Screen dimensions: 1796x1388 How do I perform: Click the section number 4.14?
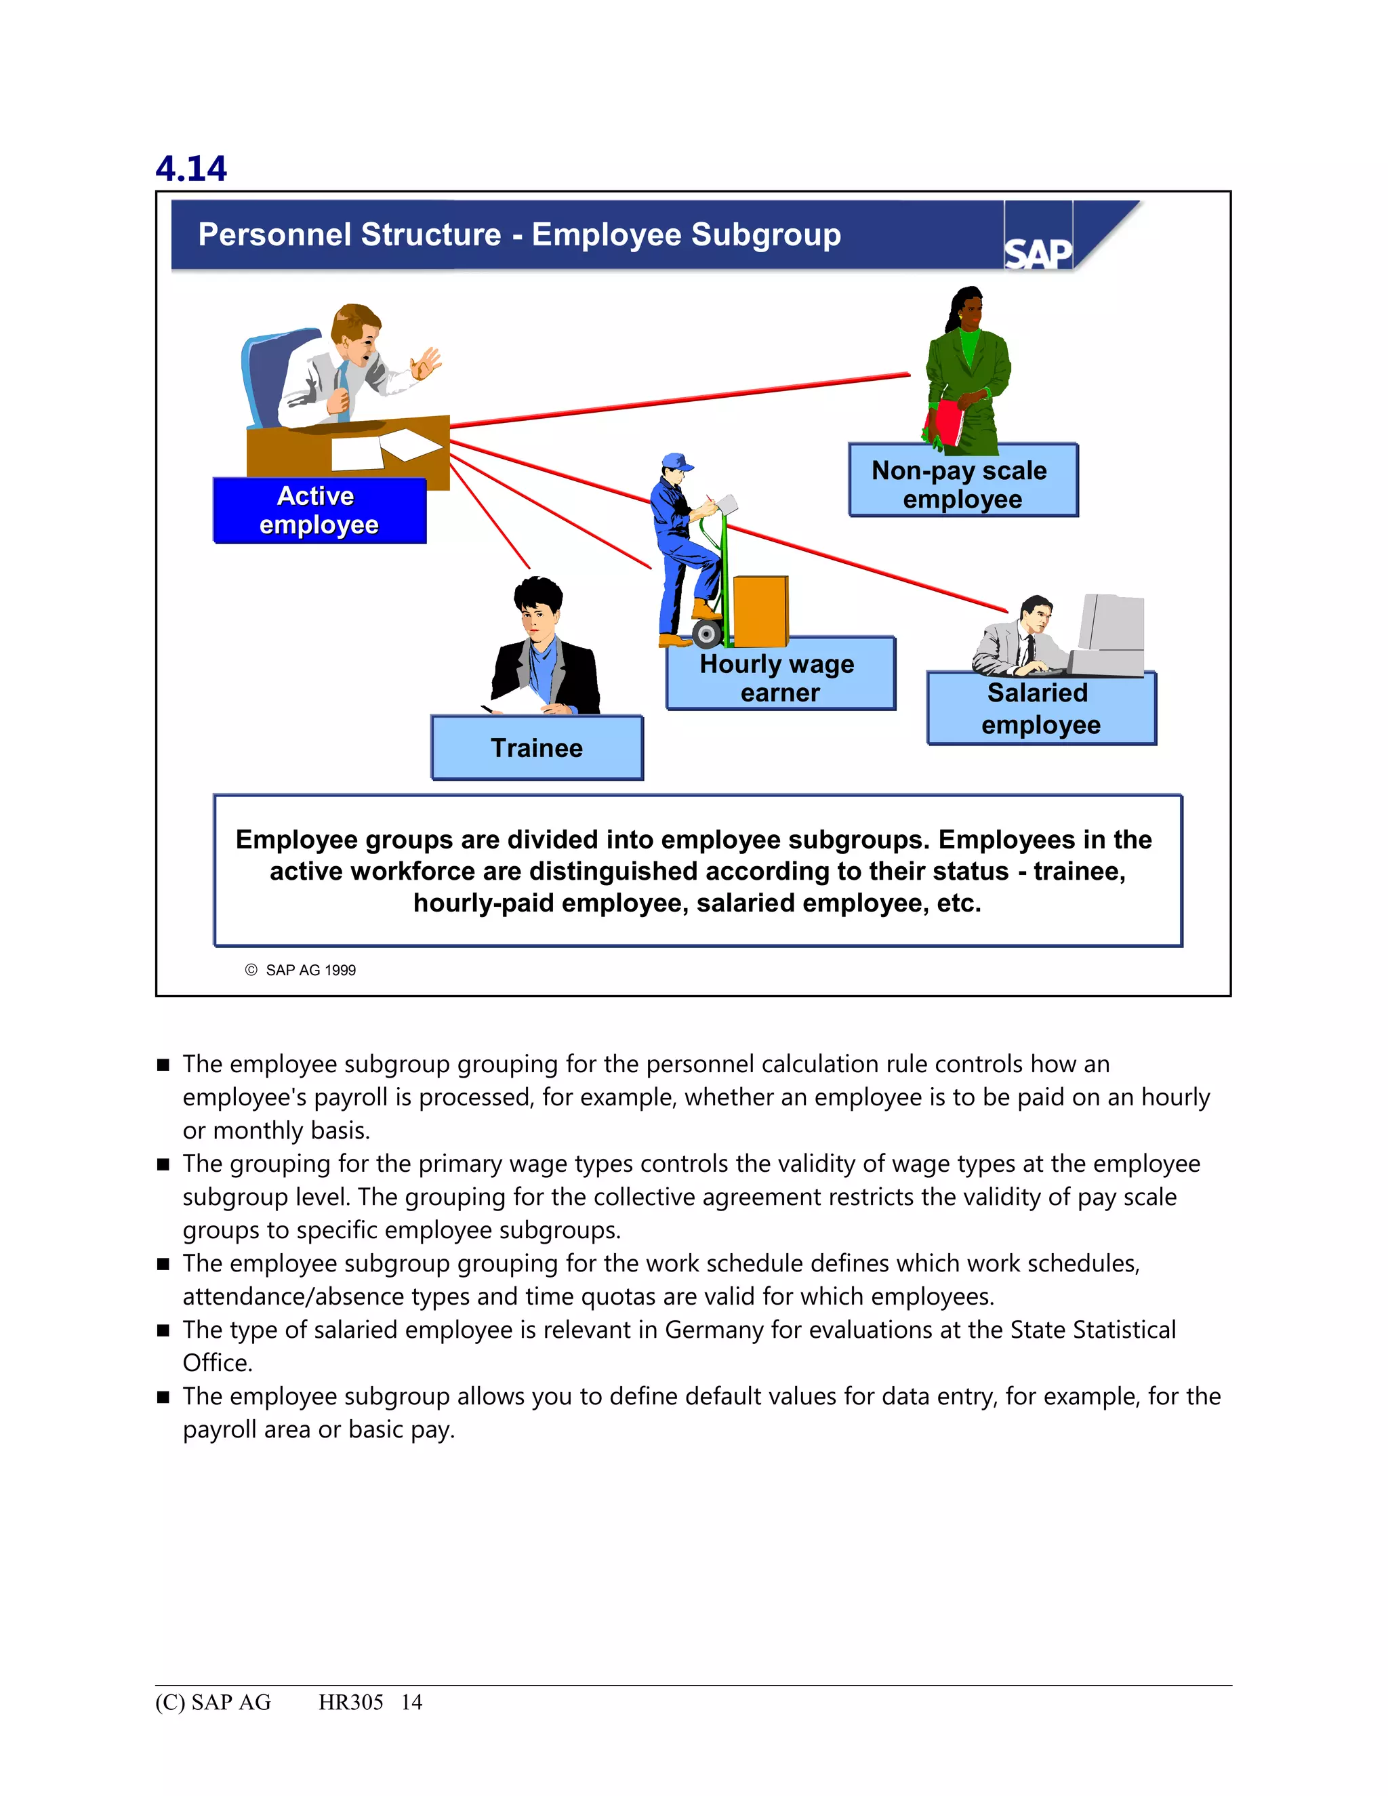point(190,169)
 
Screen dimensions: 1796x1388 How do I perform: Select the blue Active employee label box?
point(319,511)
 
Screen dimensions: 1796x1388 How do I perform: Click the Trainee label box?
point(537,748)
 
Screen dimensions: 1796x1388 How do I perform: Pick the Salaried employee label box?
point(1040,709)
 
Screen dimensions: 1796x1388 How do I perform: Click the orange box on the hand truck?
point(760,611)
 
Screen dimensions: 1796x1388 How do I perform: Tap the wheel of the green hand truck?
point(706,634)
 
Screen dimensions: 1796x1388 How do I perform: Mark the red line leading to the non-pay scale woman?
point(682,401)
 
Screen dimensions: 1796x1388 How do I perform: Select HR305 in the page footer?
point(350,1702)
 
